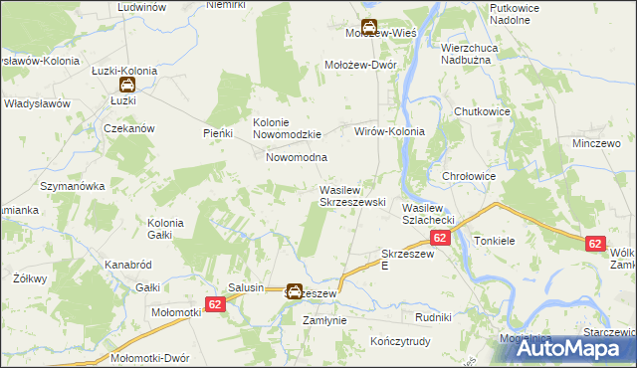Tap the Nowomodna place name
click(x=297, y=157)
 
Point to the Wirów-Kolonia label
click(x=390, y=131)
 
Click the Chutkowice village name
click(x=482, y=111)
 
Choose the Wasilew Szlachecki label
click(x=429, y=213)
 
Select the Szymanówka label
click(x=72, y=186)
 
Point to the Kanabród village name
click(x=127, y=266)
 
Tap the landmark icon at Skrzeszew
click(x=295, y=291)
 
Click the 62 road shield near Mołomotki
click(x=218, y=303)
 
